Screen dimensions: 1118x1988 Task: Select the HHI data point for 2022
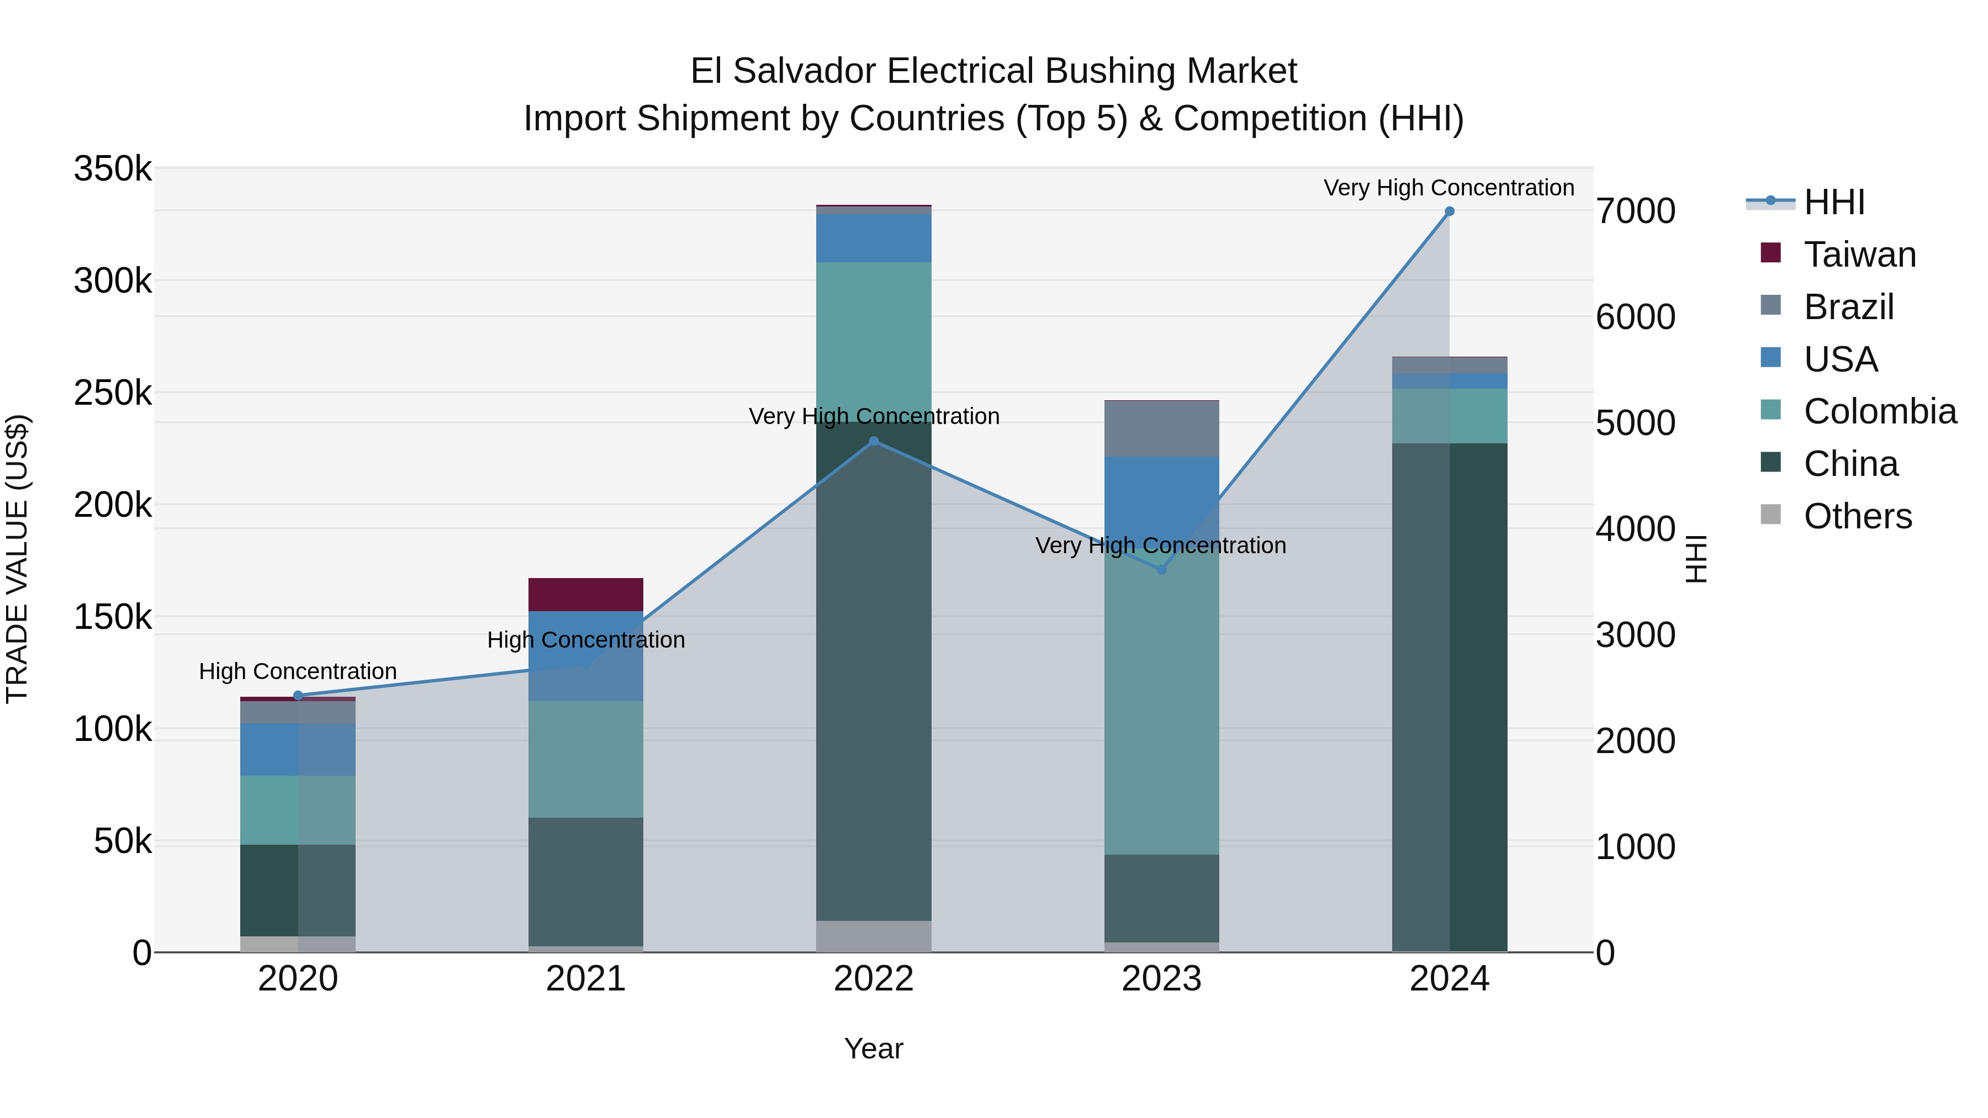[x=874, y=441]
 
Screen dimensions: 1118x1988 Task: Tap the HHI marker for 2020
[x=298, y=695]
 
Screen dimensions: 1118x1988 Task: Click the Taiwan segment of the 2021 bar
[x=586, y=594]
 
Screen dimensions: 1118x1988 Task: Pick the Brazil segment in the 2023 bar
[x=1161, y=429]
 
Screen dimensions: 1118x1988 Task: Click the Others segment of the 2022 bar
[x=874, y=936]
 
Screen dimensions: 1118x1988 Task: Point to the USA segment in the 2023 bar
[x=1161, y=494]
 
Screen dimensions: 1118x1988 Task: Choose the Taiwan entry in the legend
[x=1859, y=255]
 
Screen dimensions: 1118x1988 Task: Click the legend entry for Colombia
[x=1879, y=411]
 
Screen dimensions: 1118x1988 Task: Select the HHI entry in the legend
[x=1833, y=202]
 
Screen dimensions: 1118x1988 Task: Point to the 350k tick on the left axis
[x=113, y=169]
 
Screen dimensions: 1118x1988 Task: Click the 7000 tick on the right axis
[x=1635, y=211]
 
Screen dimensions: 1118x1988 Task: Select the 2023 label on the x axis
[x=1161, y=979]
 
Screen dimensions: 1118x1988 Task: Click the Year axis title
[x=874, y=1048]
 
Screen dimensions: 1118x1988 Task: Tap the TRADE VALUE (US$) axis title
[x=17, y=559]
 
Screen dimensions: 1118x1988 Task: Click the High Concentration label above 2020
[x=298, y=671]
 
